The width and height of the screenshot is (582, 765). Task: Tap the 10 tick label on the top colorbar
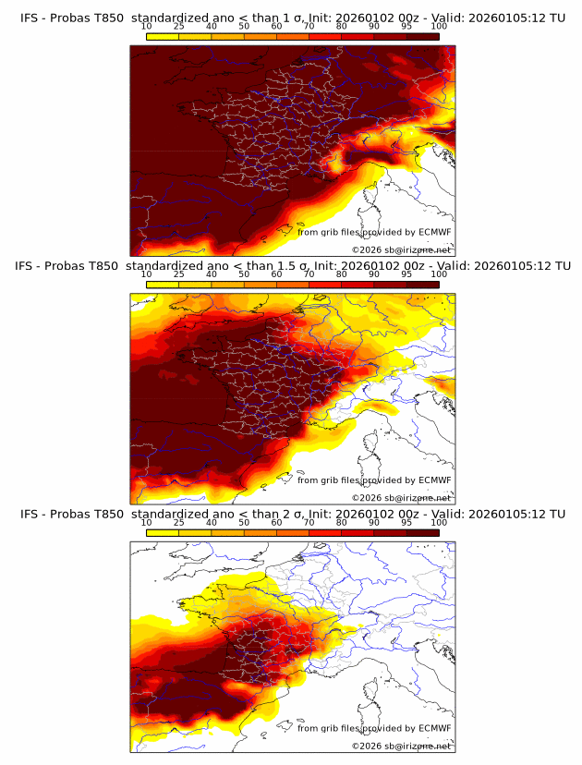click(x=147, y=26)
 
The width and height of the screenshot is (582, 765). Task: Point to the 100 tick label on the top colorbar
click(x=439, y=26)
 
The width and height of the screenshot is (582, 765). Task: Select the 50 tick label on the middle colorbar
click(x=244, y=273)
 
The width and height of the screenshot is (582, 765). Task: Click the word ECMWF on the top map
click(x=434, y=232)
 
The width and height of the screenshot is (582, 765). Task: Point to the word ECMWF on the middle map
click(x=434, y=480)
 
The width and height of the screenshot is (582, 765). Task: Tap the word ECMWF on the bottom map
click(x=434, y=727)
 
